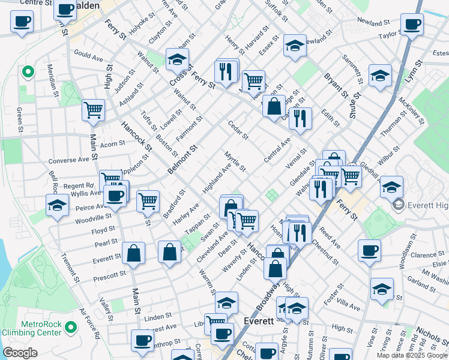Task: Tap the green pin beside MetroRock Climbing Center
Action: tap(71, 328)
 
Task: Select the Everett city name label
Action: tap(259, 321)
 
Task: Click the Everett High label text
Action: tap(427, 206)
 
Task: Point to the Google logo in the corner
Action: tap(20, 353)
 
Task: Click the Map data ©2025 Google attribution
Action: tap(412, 355)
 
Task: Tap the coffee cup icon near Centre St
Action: tap(22, 22)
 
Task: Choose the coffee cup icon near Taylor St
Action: tap(412, 25)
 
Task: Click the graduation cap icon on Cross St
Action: tap(177, 59)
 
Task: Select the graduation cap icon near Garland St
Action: tap(382, 289)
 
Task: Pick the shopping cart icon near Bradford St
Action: tap(148, 201)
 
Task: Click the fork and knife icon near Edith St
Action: tap(300, 118)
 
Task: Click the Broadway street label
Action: tap(268, 296)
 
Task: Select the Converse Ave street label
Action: tap(69, 160)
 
